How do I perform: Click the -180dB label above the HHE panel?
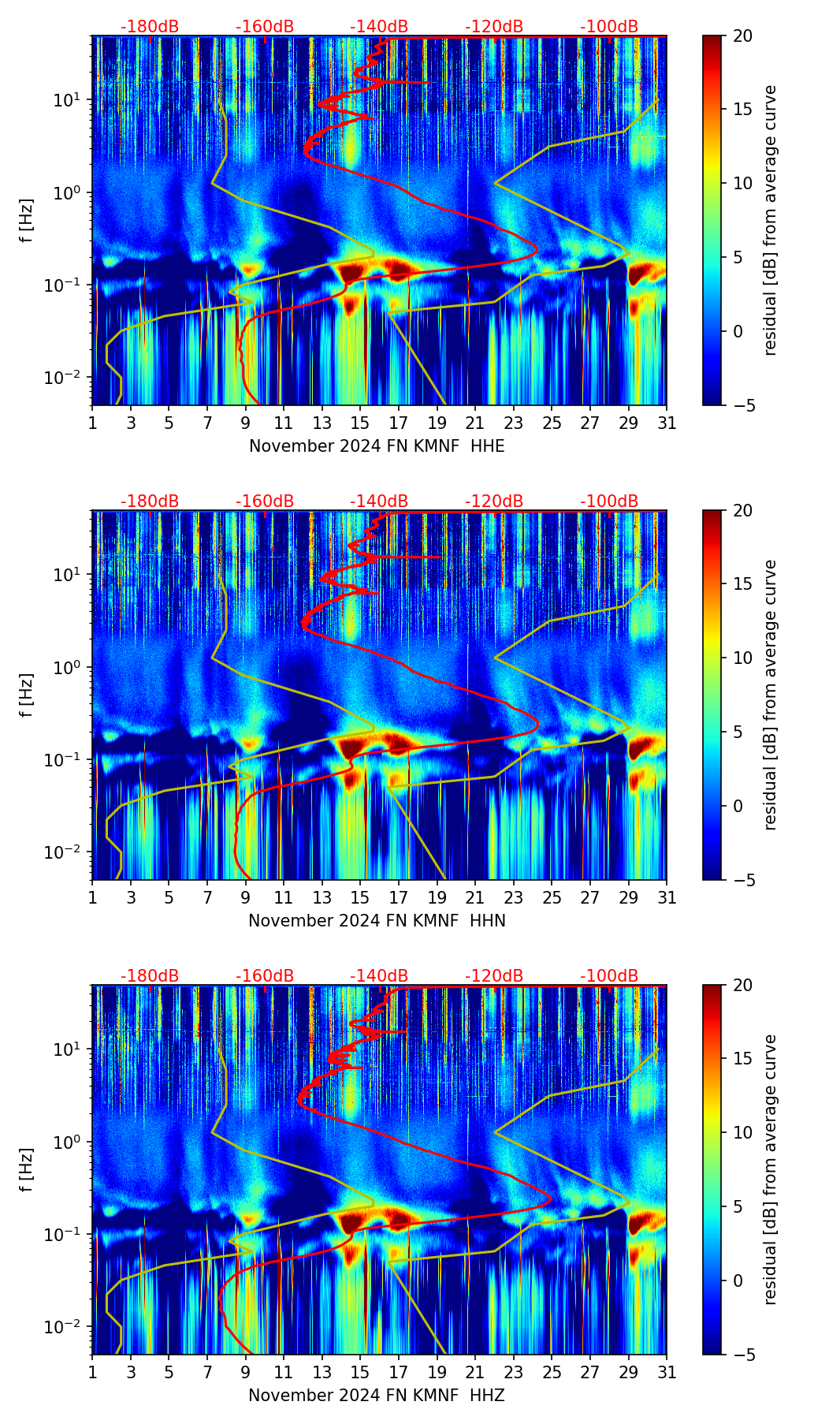pos(150,27)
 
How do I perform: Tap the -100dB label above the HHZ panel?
pos(609,976)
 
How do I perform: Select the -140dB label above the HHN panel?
pos(379,501)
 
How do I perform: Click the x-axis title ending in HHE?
pos(377,446)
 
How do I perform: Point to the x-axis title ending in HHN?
pos(377,921)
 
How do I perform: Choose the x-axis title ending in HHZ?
pos(377,1396)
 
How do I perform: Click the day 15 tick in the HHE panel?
pos(360,423)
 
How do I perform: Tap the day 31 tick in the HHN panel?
pos(667,898)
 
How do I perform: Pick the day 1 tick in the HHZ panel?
pos(93,1373)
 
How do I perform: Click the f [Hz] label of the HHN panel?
pos(28,695)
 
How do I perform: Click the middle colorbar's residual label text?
pos(770,695)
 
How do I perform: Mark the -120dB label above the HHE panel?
pos(494,27)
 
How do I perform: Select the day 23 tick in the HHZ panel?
pos(514,1373)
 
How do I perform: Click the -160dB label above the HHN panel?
pos(265,501)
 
